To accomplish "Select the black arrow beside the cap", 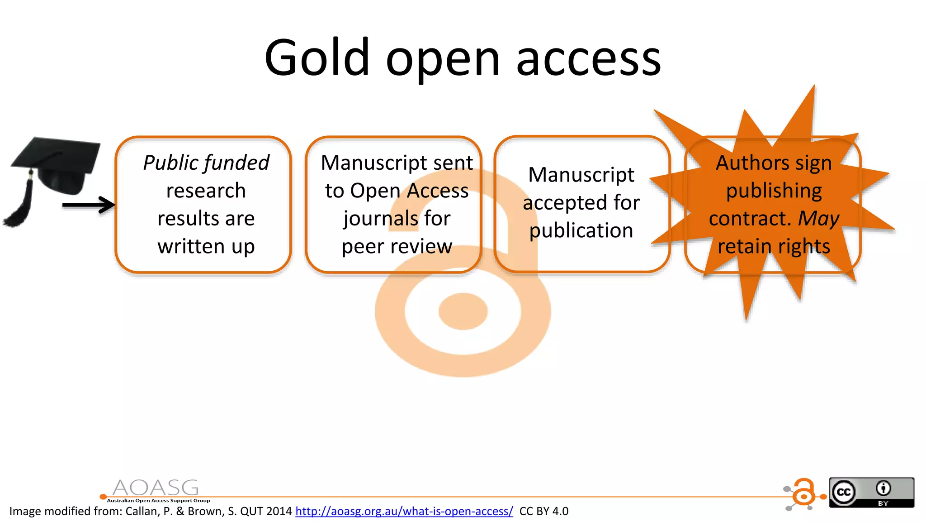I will [x=89, y=205].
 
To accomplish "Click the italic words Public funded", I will [x=206, y=163].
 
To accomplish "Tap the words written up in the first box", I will [x=206, y=247].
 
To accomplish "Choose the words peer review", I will [x=397, y=247].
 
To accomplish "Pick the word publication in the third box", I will [x=581, y=231].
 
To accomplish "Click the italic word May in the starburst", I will [x=819, y=219].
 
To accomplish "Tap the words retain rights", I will [x=774, y=247].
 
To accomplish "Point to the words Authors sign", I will [x=774, y=163].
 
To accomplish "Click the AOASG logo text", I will [x=156, y=488].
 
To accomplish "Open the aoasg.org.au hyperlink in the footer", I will [x=404, y=511].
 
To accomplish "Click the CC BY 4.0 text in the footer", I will [x=544, y=511].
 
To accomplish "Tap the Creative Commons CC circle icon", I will [x=844, y=492].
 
